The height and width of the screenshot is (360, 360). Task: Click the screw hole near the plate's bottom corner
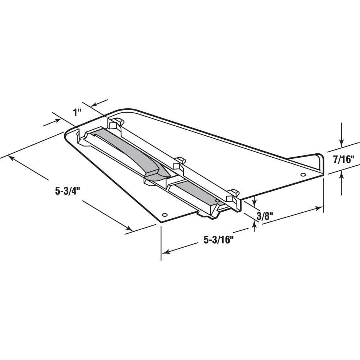coord(165,215)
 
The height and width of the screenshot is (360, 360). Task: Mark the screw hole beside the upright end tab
coord(303,175)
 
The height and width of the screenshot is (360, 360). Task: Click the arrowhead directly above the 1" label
coord(93,105)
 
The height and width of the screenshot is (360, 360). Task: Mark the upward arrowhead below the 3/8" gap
coord(255,224)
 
